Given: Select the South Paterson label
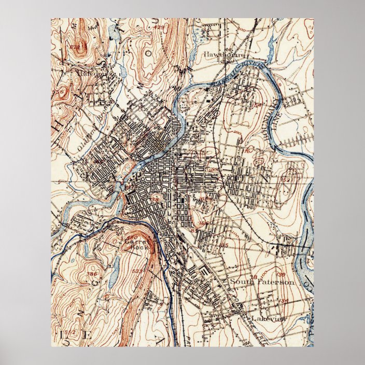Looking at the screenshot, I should tap(262, 283).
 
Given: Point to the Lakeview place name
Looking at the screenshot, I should tap(268, 319).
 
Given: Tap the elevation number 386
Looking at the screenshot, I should tap(92, 274).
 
